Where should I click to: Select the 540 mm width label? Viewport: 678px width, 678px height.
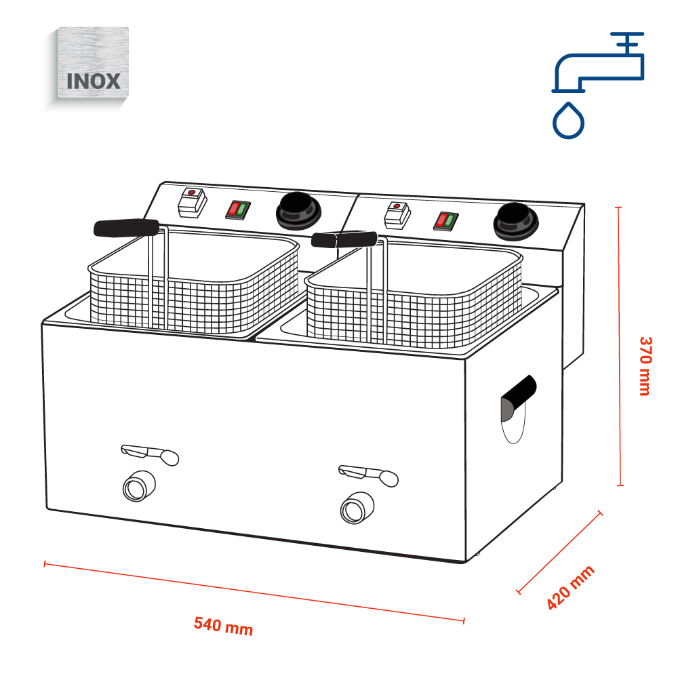pyautogui.click(x=224, y=626)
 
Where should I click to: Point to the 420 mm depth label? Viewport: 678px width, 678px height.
pyautogui.click(x=570, y=587)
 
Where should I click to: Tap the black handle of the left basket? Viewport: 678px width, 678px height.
pyautogui.click(x=126, y=228)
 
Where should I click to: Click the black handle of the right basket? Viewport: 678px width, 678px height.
pyautogui.click(x=344, y=239)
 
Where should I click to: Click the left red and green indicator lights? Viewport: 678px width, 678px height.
pyautogui.click(x=235, y=209)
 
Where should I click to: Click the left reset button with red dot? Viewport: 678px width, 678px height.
pyautogui.click(x=192, y=201)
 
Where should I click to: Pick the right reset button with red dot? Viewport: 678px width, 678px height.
pyautogui.click(x=397, y=214)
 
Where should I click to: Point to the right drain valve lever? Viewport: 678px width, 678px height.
pyautogui.click(x=368, y=473)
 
